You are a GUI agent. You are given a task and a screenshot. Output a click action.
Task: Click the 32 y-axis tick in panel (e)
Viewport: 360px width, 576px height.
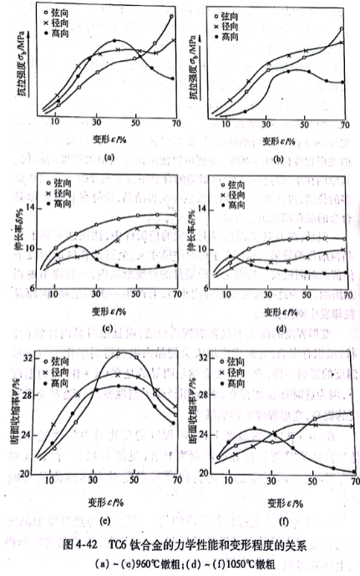coord(28,357)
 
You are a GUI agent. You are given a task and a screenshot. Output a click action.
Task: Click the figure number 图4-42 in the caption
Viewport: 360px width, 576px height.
coord(79,545)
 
